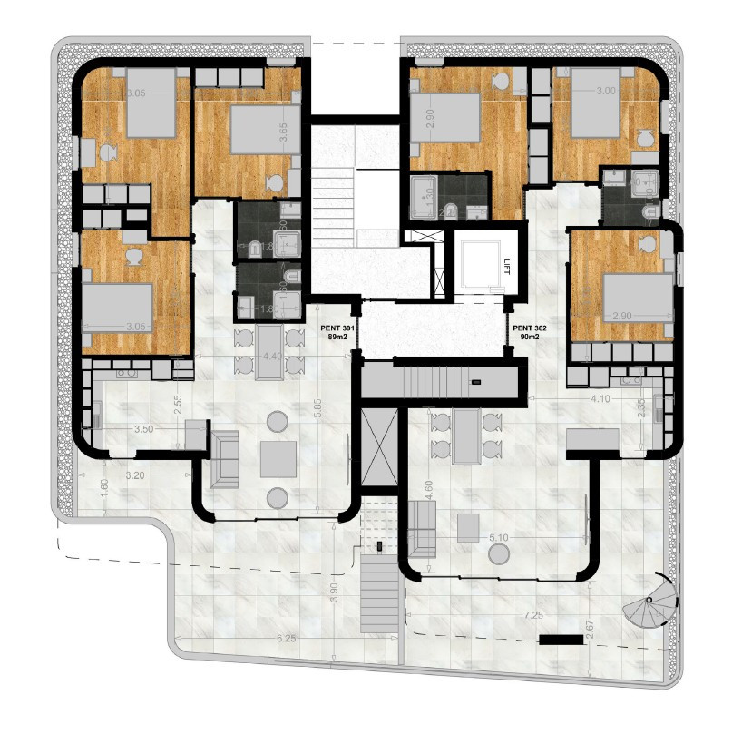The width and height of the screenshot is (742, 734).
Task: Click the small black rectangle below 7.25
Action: click(559, 640)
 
